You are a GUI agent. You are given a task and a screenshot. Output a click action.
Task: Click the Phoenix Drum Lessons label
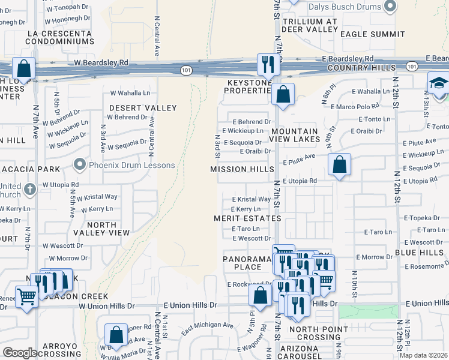pos(131,165)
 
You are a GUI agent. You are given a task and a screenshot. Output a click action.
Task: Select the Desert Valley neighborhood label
pos(143,108)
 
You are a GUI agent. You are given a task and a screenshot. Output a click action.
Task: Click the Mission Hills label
pos(238,169)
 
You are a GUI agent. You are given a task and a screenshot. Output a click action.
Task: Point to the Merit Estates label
pos(247,218)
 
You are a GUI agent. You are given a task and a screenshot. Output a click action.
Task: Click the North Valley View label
pos(101,229)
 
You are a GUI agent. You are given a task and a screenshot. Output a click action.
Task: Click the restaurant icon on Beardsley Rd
pos(266,64)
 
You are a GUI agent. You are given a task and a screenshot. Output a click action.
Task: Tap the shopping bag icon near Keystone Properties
pos(282,94)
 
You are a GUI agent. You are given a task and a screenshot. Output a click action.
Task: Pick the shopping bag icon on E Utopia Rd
pos(339,164)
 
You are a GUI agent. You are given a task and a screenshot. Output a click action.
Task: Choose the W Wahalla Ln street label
pos(130,93)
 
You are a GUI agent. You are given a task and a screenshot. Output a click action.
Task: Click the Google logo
pos(20,353)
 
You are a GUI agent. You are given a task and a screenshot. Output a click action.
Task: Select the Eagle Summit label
pos(372,34)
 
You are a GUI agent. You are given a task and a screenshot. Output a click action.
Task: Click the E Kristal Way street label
pos(251,199)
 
